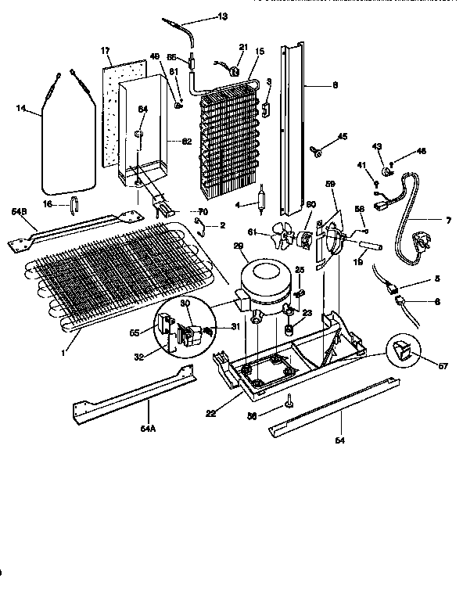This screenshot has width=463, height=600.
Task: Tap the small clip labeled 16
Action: tap(74, 206)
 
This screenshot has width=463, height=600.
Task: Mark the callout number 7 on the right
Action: tap(448, 221)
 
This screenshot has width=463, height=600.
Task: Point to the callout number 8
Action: tap(335, 84)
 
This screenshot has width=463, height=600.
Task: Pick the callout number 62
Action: tap(186, 142)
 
